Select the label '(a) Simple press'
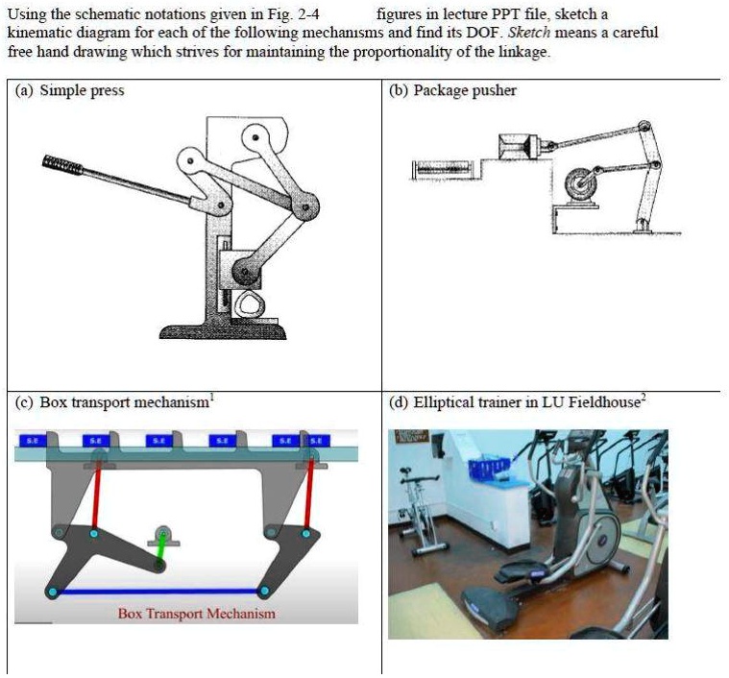70,91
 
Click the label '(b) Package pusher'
452,91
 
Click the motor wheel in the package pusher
581,182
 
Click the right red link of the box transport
308,494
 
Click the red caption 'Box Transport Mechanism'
196,614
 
